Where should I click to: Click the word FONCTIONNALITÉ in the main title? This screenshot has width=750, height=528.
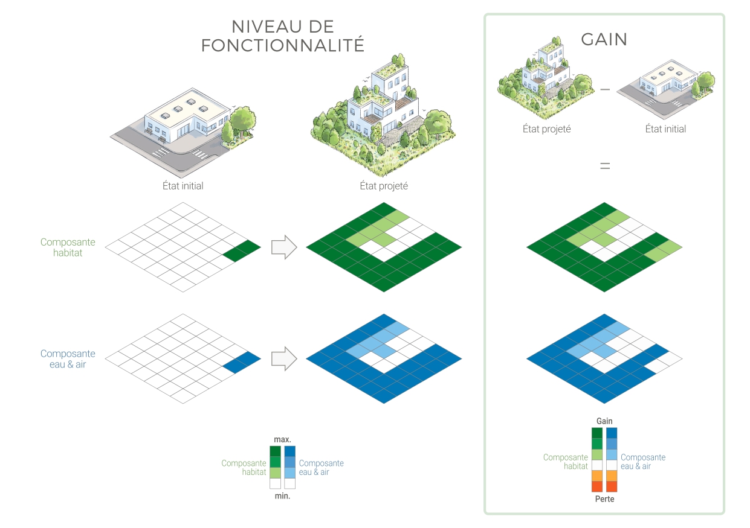point(283,45)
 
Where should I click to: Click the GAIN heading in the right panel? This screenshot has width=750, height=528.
point(604,39)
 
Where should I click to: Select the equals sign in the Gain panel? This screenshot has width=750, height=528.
point(604,165)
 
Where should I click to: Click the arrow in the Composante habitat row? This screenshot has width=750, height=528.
point(284,247)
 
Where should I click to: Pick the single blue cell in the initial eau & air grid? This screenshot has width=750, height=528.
point(242,362)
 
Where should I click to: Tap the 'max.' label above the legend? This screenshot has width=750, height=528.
point(282,439)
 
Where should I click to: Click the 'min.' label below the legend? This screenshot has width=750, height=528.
point(282,496)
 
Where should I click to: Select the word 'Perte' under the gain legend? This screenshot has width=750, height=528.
point(604,499)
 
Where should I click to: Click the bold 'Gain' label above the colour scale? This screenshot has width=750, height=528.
point(604,421)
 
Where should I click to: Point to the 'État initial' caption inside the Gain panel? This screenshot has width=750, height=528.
point(665,129)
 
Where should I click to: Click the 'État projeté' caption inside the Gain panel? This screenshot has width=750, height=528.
point(546,129)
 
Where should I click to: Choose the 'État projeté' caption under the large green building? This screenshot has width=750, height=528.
point(384,186)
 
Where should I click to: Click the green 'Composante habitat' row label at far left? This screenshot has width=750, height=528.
point(68,247)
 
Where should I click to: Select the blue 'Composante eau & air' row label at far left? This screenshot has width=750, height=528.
point(68,359)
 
